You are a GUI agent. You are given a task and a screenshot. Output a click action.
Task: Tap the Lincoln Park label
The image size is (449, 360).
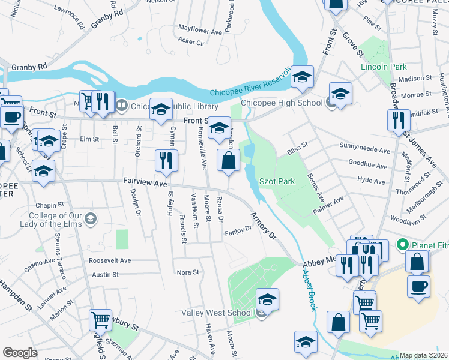click(384, 67)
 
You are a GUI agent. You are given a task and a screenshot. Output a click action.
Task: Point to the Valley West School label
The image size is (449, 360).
click(224, 313)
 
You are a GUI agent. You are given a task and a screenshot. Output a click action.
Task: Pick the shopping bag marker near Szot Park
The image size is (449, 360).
click(229, 160)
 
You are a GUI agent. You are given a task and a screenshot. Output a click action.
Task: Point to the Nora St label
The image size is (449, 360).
click(188, 272)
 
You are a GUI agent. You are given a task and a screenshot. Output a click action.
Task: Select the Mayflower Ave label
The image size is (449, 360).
click(201, 30)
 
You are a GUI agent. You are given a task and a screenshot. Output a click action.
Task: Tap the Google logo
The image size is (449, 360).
click(20, 353)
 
